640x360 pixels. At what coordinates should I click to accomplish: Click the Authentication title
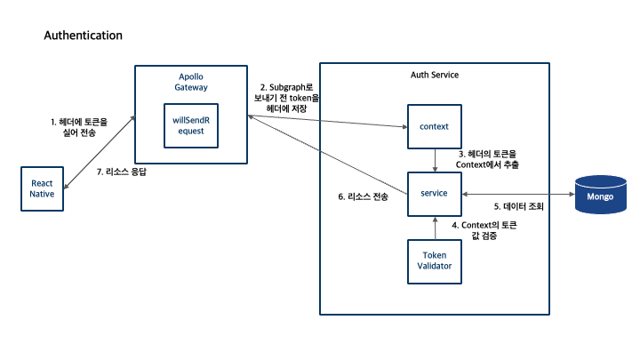(83, 36)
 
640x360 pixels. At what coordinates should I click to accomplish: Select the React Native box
(43, 188)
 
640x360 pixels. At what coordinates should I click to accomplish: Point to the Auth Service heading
(435, 75)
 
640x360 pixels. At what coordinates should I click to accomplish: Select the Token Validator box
(435, 261)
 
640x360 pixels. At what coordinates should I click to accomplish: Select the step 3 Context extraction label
(485, 159)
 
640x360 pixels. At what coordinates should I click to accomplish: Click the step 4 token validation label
(484, 232)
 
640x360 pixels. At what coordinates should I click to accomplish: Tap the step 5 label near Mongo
(518, 206)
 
